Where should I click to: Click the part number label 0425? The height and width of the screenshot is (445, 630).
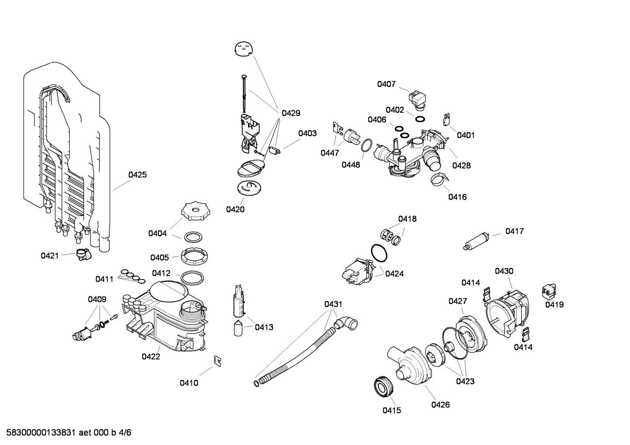(137, 175)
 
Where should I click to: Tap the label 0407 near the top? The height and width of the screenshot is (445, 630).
(386, 84)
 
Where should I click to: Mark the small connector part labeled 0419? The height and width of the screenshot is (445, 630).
(549, 290)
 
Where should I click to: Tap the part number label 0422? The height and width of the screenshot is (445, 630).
(151, 356)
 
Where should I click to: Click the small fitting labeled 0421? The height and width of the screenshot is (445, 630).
(82, 254)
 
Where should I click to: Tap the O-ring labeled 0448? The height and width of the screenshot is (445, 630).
(367, 145)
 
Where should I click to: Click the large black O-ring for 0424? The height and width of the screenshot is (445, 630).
(378, 252)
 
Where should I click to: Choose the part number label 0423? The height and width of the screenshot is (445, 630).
(465, 381)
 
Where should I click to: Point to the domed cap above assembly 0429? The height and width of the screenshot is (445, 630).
(244, 48)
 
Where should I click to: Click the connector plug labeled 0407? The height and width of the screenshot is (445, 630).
(418, 98)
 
